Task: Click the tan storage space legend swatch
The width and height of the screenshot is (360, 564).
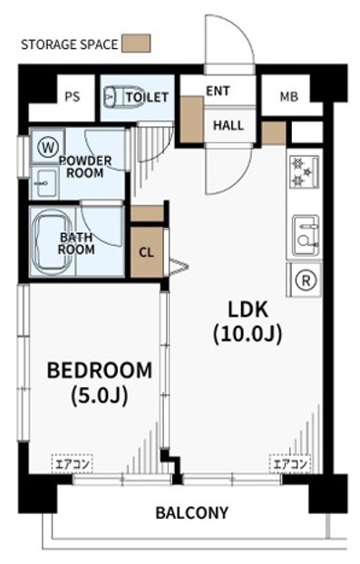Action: pos(136,44)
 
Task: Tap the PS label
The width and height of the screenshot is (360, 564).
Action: pos(73,97)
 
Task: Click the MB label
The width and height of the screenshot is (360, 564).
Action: pos(289,97)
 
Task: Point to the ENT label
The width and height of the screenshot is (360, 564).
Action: pos(218,91)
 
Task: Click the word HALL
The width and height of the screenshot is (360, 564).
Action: pos(229,125)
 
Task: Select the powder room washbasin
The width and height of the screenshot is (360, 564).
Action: pos(44,183)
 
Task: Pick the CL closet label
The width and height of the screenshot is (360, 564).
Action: pos(146,253)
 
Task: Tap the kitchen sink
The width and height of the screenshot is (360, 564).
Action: pos(306,236)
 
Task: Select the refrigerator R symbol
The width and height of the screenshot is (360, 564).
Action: pos(306,280)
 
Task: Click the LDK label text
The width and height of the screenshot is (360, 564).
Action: pos(248,310)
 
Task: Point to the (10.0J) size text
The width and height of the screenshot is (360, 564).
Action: pos(248,335)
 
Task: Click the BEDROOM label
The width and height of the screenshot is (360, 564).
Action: pos(100,371)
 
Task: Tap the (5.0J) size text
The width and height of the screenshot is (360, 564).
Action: pos(100,396)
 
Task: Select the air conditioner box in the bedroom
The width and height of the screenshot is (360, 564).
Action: pos(73,464)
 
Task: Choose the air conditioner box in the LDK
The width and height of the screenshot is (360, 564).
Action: pos(290,464)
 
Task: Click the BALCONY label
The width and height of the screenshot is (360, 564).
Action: pos(191,512)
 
